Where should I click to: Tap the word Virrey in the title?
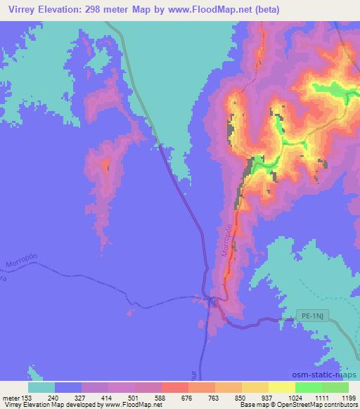(17, 11)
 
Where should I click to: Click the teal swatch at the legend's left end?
(41, 387)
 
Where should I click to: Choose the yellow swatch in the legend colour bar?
(282, 387)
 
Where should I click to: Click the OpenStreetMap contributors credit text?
(316, 405)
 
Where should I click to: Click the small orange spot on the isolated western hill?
(107, 166)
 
